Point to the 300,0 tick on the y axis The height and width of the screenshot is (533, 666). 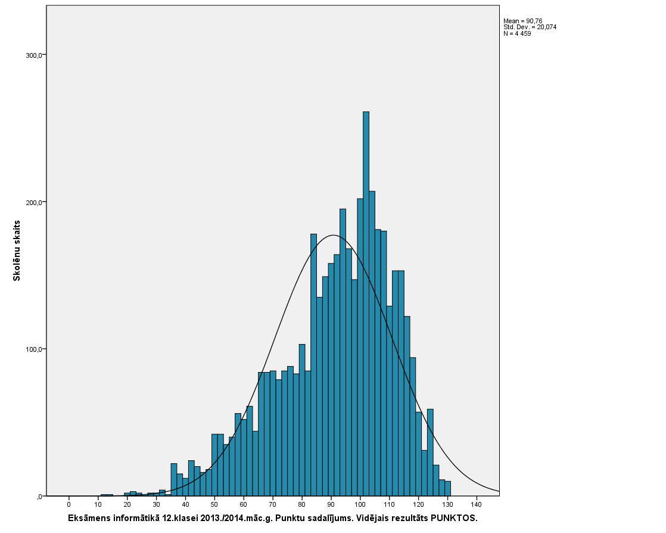click(37, 55)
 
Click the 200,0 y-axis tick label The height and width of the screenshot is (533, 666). click(37, 202)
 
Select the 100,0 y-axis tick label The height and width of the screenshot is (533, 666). click(37, 349)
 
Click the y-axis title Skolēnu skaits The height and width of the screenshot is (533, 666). click(18, 250)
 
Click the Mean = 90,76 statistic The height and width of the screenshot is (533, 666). click(523, 21)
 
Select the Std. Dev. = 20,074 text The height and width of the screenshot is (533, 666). click(530, 27)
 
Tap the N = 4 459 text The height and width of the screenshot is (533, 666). click(517, 33)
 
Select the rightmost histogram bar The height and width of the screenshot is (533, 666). click(447, 488)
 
